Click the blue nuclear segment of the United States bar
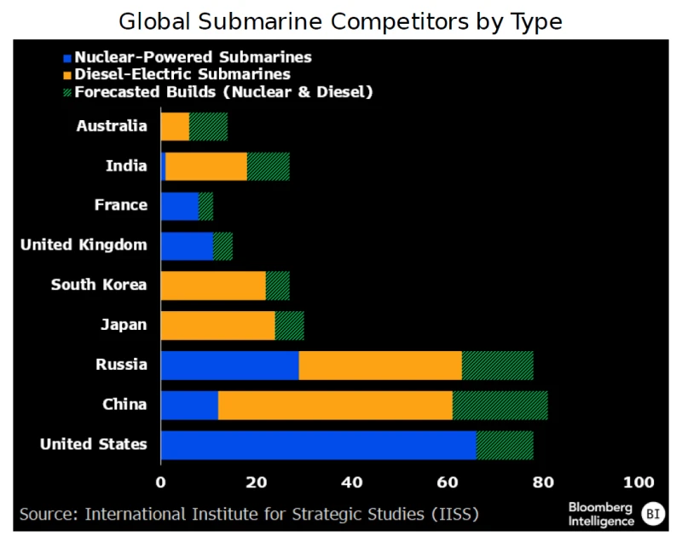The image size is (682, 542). [318, 445]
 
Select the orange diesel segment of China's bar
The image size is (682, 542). [335, 405]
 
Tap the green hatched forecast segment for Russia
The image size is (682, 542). [497, 365]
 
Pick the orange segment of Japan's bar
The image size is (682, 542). [217, 325]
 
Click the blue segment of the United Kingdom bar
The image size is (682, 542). [187, 245]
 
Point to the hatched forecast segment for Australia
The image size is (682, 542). [208, 126]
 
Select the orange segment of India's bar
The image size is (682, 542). [206, 166]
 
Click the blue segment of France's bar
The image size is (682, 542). [179, 205]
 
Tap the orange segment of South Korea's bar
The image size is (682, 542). [213, 285]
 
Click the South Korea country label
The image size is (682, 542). [99, 285]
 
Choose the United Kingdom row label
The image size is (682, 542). [84, 245]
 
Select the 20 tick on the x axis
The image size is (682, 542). [257, 481]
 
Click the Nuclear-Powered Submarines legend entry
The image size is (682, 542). [193, 58]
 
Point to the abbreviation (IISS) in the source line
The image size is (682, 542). [454, 514]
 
